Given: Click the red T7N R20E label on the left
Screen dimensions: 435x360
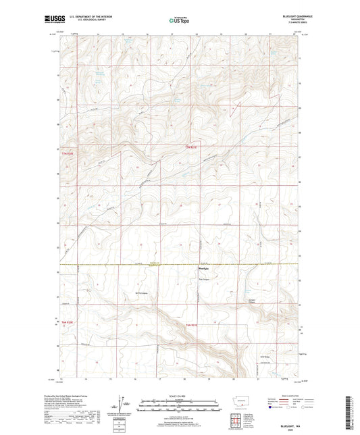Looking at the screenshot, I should [x=65, y=153].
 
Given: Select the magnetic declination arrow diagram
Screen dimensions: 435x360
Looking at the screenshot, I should [x=126, y=407].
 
